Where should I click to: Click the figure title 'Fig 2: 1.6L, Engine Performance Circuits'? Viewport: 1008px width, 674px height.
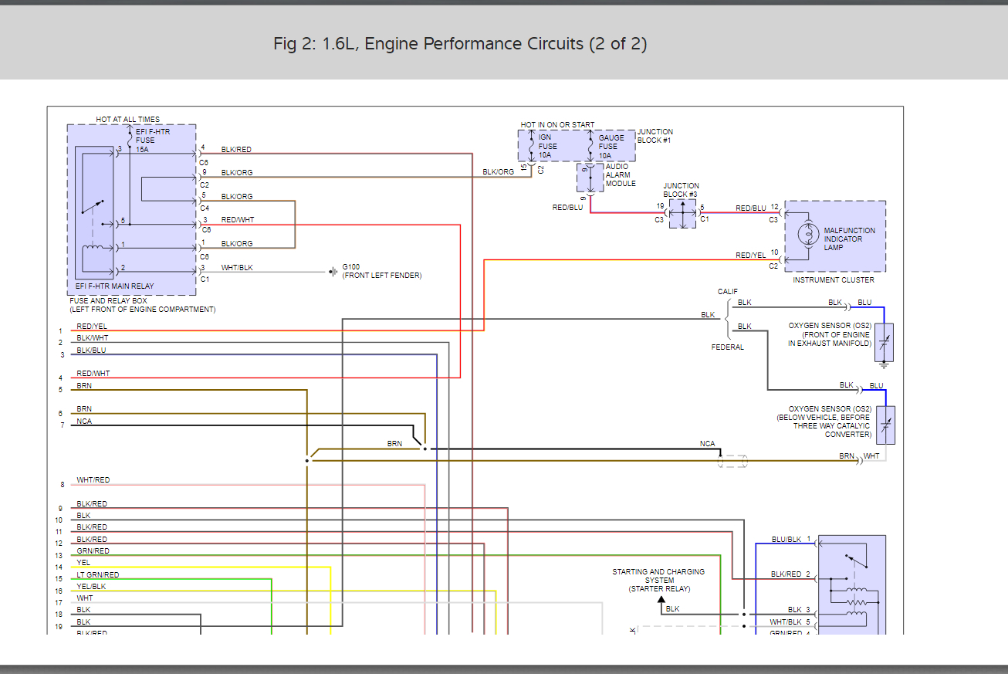click(x=460, y=44)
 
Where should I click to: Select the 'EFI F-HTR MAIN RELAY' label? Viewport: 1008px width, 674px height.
click(x=114, y=286)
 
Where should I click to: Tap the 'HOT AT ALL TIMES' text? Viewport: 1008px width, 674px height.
click(x=128, y=120)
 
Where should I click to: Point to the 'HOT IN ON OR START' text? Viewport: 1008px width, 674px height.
click(x=557, y=125)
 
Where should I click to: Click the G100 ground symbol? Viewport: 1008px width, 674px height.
click(x=333, y=272)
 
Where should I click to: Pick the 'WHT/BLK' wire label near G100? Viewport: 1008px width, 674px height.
click(x=237, y=268)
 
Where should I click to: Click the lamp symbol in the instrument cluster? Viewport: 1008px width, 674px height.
click(x=808, y=235)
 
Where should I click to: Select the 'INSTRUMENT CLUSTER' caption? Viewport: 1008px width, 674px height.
click(x=834, y=280)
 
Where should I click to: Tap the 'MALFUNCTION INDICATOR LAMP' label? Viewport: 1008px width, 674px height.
click(x=849, y=239)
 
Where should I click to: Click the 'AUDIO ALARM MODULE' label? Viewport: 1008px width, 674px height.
click(x=621, y=175)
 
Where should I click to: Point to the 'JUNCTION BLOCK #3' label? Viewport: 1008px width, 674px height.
click(x=681, y=190)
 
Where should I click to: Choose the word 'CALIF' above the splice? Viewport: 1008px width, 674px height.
click(x=728, y=292)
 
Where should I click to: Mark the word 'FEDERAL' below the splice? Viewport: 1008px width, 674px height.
click(x=728, y=347)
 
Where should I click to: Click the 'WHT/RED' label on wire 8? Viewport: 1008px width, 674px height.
click(x=93, y=480)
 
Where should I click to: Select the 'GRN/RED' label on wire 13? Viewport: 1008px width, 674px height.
click(x=93, y=551)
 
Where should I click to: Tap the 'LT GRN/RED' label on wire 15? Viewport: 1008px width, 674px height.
click(x=98, y=575)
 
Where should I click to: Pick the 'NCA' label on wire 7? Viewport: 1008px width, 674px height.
click(x=83, y=422)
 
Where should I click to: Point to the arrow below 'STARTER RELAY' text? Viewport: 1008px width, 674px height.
click(x=661, y=599)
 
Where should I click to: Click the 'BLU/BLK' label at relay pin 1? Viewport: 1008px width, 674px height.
click(x=786, y=540)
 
